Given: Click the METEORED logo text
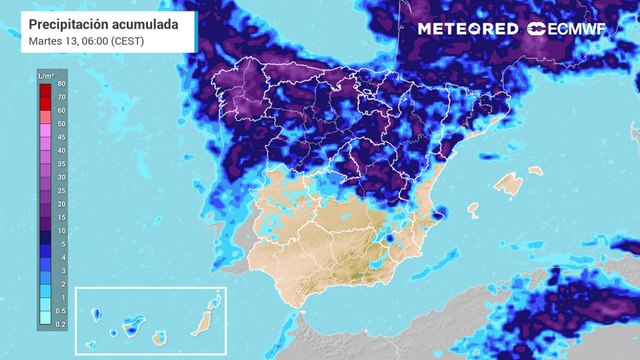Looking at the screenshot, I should tap(467, 29).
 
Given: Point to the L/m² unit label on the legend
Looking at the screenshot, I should tap(45, 75).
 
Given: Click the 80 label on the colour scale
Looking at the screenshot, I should tap(62, 84).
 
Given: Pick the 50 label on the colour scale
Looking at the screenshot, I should tap(62, 124).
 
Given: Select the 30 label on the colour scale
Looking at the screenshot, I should tap(62, 177).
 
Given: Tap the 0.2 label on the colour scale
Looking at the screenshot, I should tap(62, 324).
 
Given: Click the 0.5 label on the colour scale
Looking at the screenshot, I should tap(62, 311).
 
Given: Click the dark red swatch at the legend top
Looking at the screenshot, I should tap(45, 91).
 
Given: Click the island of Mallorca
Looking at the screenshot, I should tap(509, 185).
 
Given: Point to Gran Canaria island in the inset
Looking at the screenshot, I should tap(158, 337).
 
